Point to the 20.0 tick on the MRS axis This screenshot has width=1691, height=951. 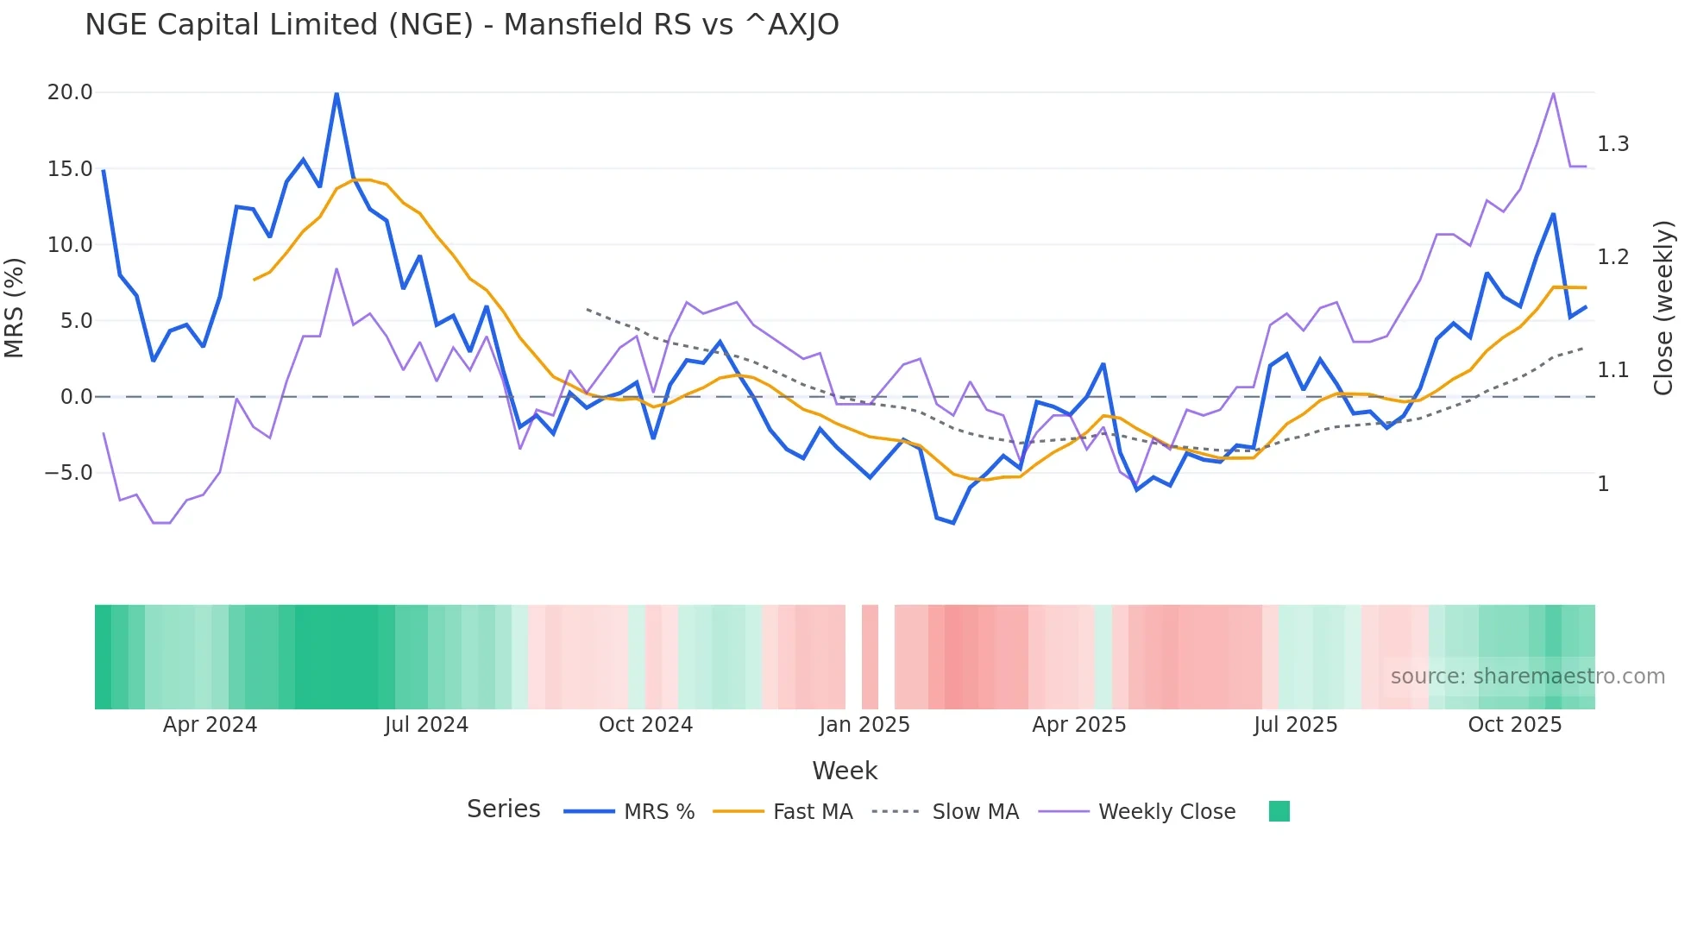point(70,92)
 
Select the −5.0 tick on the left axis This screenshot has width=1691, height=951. point(68,473)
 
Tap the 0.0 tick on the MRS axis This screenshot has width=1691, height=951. point(76,397)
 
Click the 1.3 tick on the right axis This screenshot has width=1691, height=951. point(1612,144)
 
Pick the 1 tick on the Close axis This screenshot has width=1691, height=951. point(1603,484)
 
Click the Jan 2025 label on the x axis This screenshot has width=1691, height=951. point(864,725)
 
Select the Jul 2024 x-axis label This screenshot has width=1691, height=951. point(426,725)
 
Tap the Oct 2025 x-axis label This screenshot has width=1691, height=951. point(1515,725)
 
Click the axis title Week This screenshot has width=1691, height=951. point(845,771)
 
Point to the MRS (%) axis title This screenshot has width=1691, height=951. point(15,308)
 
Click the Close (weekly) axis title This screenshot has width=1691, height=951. point(1663,308)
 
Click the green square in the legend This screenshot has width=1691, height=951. point(1279,811)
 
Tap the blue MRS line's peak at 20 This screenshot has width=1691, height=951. point(336,93)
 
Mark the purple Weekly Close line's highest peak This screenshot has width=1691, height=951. point(1553,93)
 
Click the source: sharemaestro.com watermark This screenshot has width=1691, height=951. point(1527,677)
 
